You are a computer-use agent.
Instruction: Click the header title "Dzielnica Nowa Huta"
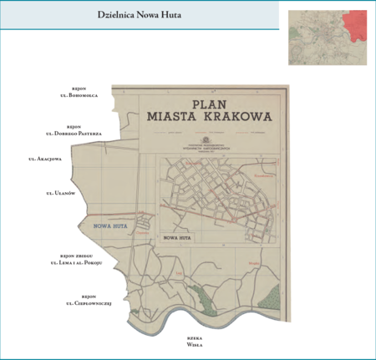tap(139, 15)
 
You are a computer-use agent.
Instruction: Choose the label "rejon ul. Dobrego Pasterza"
tap(79, 130)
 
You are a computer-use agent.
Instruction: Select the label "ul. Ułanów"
tap(61, 193)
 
